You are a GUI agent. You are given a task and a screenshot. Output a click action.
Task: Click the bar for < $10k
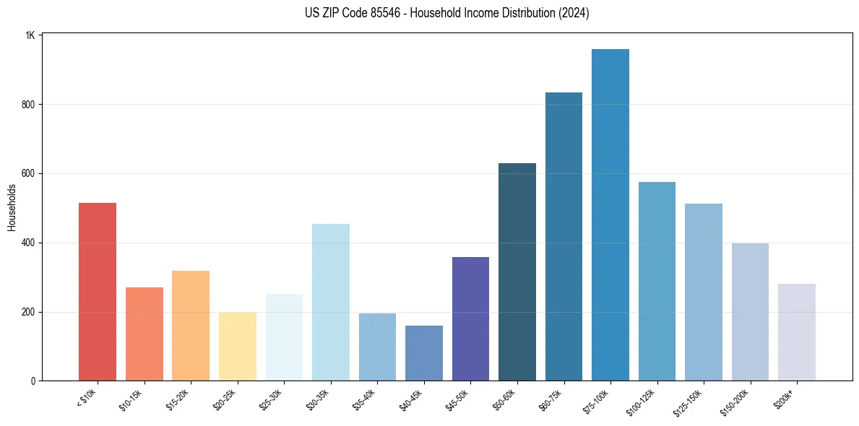point(98,292)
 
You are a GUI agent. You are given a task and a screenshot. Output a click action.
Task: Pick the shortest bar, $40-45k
point(423,353)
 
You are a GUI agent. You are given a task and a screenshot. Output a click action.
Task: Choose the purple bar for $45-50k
point(470,318)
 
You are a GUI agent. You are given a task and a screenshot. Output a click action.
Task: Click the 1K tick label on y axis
point(30,35)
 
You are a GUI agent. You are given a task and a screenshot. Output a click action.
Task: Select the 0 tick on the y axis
point(33,381)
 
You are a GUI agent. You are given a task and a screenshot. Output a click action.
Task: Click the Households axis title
point(12,207)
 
